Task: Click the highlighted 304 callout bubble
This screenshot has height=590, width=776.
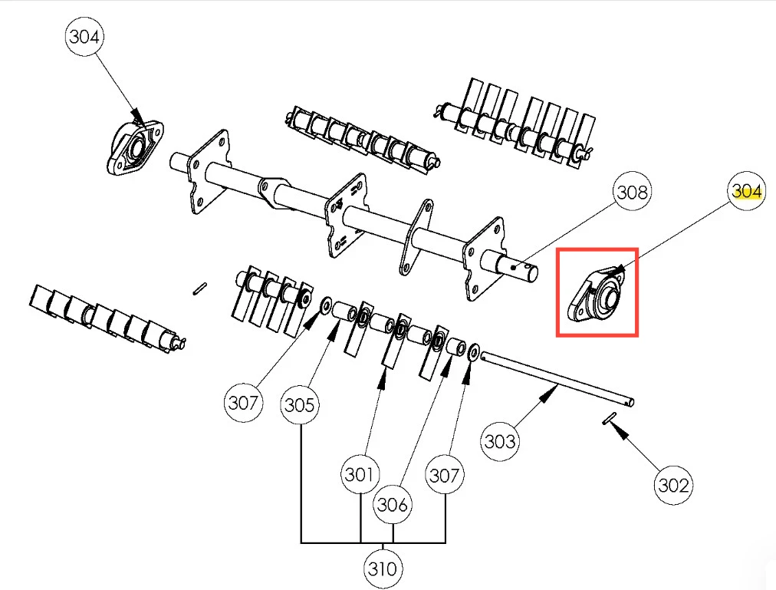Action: pyautogui.click(x=746, y=191)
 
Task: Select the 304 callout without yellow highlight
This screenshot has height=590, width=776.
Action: pyautogui.click(x=84, y=36)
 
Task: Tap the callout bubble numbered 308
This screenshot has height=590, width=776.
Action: pyautogui.click(x=632, y=191)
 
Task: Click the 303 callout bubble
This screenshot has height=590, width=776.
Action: pyautogui.click(x=500, y=441)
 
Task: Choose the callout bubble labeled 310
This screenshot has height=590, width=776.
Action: pyautogui.click(x=383, y=569)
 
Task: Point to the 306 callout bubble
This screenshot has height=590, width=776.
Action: pyautogui.click(x=393, y=505)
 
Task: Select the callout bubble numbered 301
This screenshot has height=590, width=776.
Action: pyautogui.click(x=360, y=474)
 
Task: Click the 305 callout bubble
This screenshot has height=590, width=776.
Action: pyautogui.click(x=300, y=405)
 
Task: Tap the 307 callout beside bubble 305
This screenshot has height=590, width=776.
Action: pyautogui.click(x=243, y=402)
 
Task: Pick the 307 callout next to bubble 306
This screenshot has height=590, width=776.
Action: pyautogui.click(x=445, y=475)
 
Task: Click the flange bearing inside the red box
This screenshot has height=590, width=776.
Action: pyautogui.click(x=596, y=295)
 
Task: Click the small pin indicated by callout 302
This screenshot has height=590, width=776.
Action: pyautogui.click(x=609, y=419)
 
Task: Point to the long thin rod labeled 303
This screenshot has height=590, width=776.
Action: pyautogui.click(x=557, y=378)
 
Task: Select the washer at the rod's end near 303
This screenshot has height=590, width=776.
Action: pyautogui.click(x=472, y=352)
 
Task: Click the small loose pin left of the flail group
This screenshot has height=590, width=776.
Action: pyautogui.click(x=199, y=288)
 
